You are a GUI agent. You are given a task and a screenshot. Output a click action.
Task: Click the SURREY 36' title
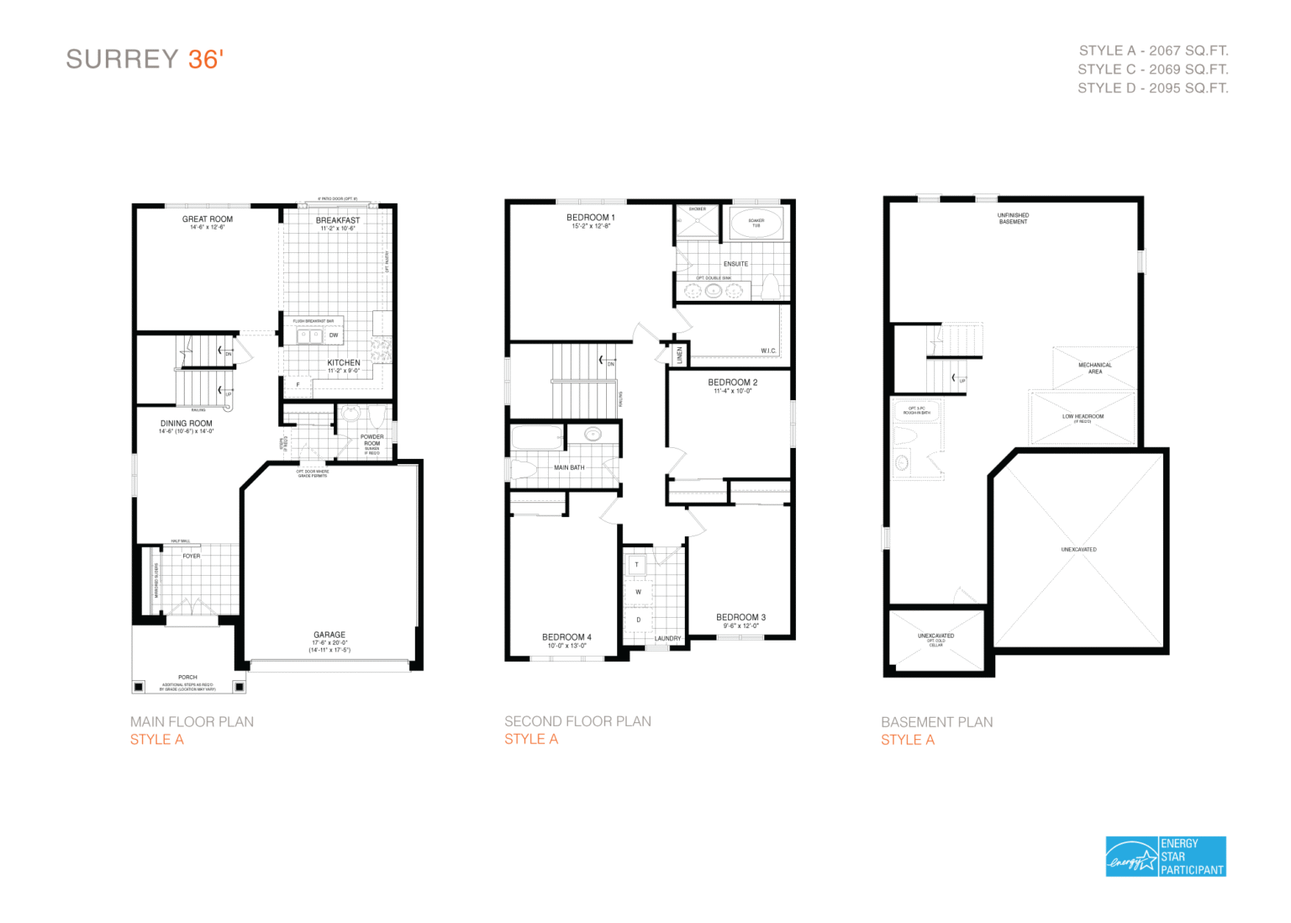point(145,60)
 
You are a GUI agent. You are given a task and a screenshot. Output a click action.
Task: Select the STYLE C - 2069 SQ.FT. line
point(1152,69)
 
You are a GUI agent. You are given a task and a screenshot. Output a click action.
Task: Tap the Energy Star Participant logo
point(1165,857)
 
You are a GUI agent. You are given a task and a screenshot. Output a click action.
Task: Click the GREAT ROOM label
point(208,219)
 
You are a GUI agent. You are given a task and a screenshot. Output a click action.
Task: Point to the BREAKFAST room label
point(338,220)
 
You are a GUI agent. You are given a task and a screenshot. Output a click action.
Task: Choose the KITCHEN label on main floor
point(344,363)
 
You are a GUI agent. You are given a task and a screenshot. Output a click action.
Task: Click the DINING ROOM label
point(187,424)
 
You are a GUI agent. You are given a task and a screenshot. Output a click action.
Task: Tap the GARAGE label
point(329,635)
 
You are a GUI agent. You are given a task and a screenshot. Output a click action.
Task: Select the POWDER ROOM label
point(371,440)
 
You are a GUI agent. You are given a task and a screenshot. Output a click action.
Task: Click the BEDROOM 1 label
point(590,218)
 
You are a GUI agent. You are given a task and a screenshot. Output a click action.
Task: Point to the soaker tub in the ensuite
point(756,224)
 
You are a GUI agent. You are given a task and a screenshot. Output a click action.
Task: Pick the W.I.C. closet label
point(768,351)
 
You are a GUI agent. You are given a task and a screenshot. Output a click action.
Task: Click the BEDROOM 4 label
point(566,637)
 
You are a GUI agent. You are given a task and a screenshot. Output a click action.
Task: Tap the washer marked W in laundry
point(638,592)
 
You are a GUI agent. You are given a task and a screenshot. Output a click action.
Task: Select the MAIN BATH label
point(569,467)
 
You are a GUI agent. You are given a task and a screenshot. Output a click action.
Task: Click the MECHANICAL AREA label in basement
point(1094,368)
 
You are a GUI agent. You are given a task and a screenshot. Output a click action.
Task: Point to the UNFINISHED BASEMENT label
point(1013,219)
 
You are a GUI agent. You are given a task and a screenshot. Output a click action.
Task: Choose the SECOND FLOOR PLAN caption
point(577,721)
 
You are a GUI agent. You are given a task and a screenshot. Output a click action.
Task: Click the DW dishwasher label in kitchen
point(334,335)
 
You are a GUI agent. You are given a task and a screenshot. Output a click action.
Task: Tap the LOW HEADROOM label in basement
point(1083,417)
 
